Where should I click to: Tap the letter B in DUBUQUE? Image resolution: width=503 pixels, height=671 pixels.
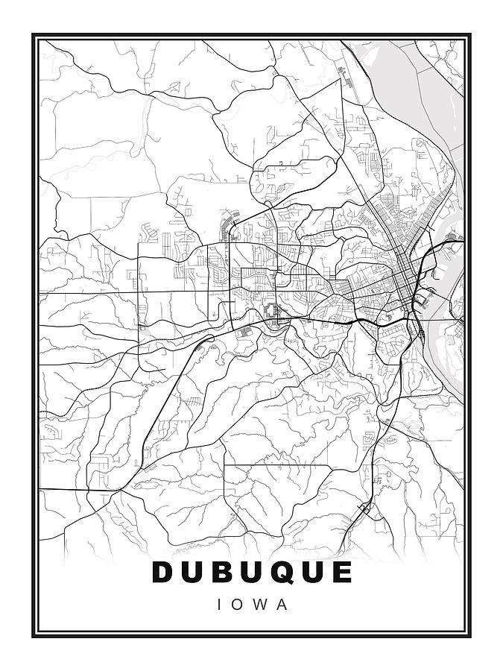tap(223, 572)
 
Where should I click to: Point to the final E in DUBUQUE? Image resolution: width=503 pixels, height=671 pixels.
tap(342, 572)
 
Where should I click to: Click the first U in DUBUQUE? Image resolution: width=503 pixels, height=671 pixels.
tap(193, 572)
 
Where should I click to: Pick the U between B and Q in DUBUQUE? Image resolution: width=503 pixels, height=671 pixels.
tap(252, 572)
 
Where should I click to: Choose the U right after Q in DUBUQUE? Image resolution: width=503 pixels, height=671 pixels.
tap(313, 572)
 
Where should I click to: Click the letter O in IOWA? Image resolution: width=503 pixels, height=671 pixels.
tap(238, 605)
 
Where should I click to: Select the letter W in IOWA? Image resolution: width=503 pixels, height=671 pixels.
tap(259, 605)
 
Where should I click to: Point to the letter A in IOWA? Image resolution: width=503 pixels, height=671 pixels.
tap(281, 605)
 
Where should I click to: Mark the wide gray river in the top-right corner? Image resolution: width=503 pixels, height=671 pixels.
tap(395, 75)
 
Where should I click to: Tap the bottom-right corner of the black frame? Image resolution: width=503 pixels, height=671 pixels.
tap(470, 637)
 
